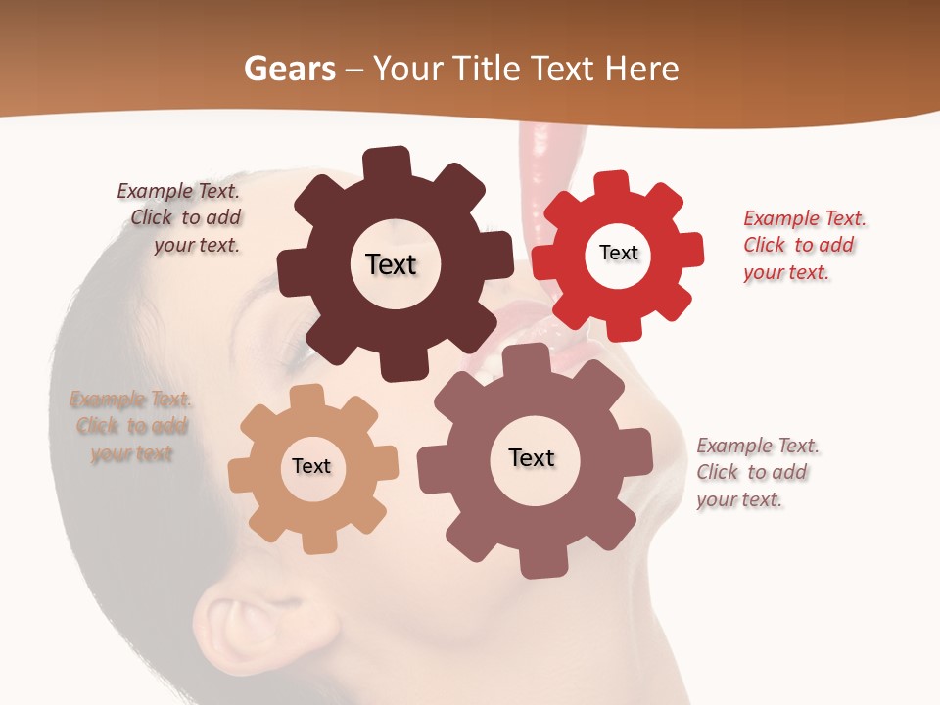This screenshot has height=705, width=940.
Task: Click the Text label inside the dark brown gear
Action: click(x=391, y=264)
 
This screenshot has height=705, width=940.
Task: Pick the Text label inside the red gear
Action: click(x=618, y=253)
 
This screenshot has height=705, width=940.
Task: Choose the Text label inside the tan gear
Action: click(x=311, y=466)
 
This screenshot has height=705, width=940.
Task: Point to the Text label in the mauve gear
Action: click(x=532, y=458)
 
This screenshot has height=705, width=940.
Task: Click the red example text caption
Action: click(x=804, y=245)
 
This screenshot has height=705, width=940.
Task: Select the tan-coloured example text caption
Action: click(x=131, y=426)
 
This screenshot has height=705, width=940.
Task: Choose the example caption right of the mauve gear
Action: click(x=757, y=472)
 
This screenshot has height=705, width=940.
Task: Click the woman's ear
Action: click(x=239, y=627)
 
